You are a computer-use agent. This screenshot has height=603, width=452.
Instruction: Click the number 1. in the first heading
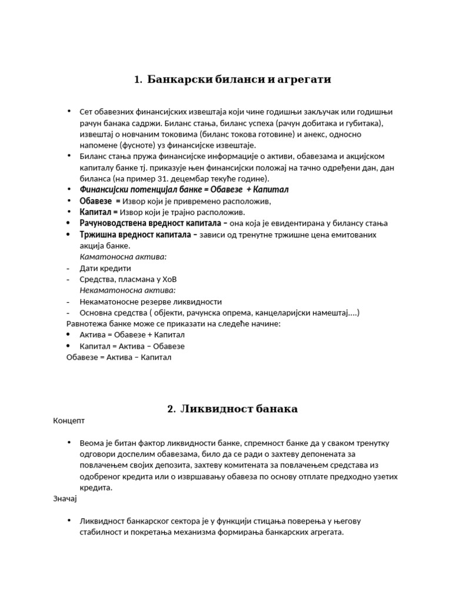[138, 79]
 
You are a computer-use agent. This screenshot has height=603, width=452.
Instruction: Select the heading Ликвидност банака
[238, 409]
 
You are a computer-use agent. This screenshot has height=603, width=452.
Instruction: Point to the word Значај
[65, 499]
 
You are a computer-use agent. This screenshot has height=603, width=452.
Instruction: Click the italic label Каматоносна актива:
[123, 257]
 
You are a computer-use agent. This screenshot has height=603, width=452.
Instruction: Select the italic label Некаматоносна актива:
[128, 290]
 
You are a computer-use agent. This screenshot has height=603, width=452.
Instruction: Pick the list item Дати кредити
[105, 268]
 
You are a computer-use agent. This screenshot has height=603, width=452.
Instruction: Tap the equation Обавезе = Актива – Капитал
[119, 357]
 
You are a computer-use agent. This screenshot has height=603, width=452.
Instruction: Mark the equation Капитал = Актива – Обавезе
[132, 346]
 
